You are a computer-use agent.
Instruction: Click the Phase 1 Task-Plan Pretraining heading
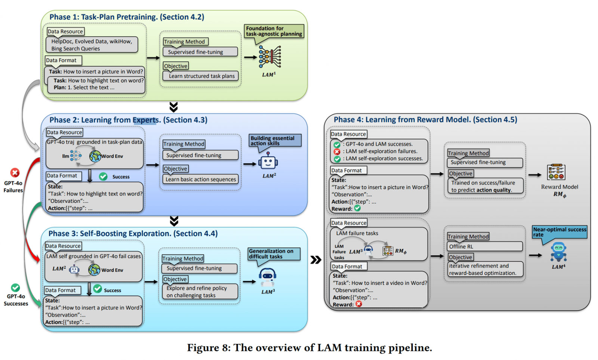[x=127, y=17]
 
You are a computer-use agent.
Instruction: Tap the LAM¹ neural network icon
[x=270, y=57]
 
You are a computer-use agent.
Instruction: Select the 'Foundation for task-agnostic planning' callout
[x=274, y=31]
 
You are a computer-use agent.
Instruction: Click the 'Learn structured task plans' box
[x=201, y=76]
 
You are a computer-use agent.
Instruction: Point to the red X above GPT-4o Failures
[x=15, y=173]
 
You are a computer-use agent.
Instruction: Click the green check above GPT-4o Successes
[x=15, y=287]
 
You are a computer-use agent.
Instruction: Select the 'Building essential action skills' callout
[x=275, y=141]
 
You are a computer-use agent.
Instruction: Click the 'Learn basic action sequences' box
[x=201, y=179]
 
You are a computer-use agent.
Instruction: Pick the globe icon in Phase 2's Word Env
[x=95, y=156]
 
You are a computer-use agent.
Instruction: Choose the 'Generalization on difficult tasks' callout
[x=274, y=254]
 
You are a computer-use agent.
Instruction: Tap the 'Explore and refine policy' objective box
[x=200, y=292]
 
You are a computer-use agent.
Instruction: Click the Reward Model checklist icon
[x=556, y=172]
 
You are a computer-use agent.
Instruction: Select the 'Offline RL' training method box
[x=485, y=246]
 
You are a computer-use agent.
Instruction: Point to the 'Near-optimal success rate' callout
[x=560, y=232]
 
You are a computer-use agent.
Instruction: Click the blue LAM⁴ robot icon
[x=558, y=252]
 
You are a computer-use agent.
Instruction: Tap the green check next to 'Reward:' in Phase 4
[x=358, y=208]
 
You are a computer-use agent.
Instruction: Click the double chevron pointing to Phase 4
[x=316, y=259]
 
